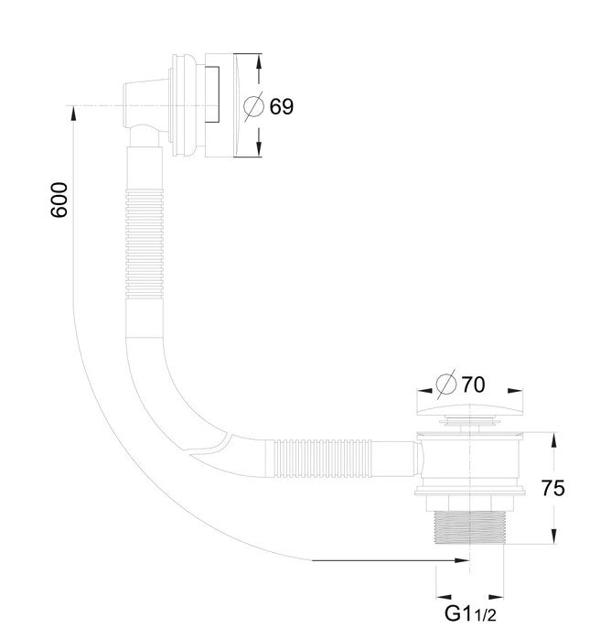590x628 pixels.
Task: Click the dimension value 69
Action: (x=281, y=106)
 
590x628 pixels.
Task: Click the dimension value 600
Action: (x=59, y=200)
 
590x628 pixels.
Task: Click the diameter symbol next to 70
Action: (x=447, y=383)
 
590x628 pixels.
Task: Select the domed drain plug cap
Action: (x=470, y=407)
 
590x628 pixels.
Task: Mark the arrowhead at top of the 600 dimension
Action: (x=71, y=113)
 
